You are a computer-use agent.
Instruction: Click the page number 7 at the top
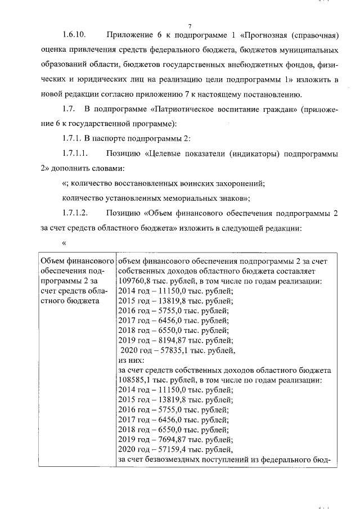pos(191,26)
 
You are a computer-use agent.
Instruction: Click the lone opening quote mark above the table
pos(64,242)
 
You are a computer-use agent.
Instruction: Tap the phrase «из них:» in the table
pos(131,360)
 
